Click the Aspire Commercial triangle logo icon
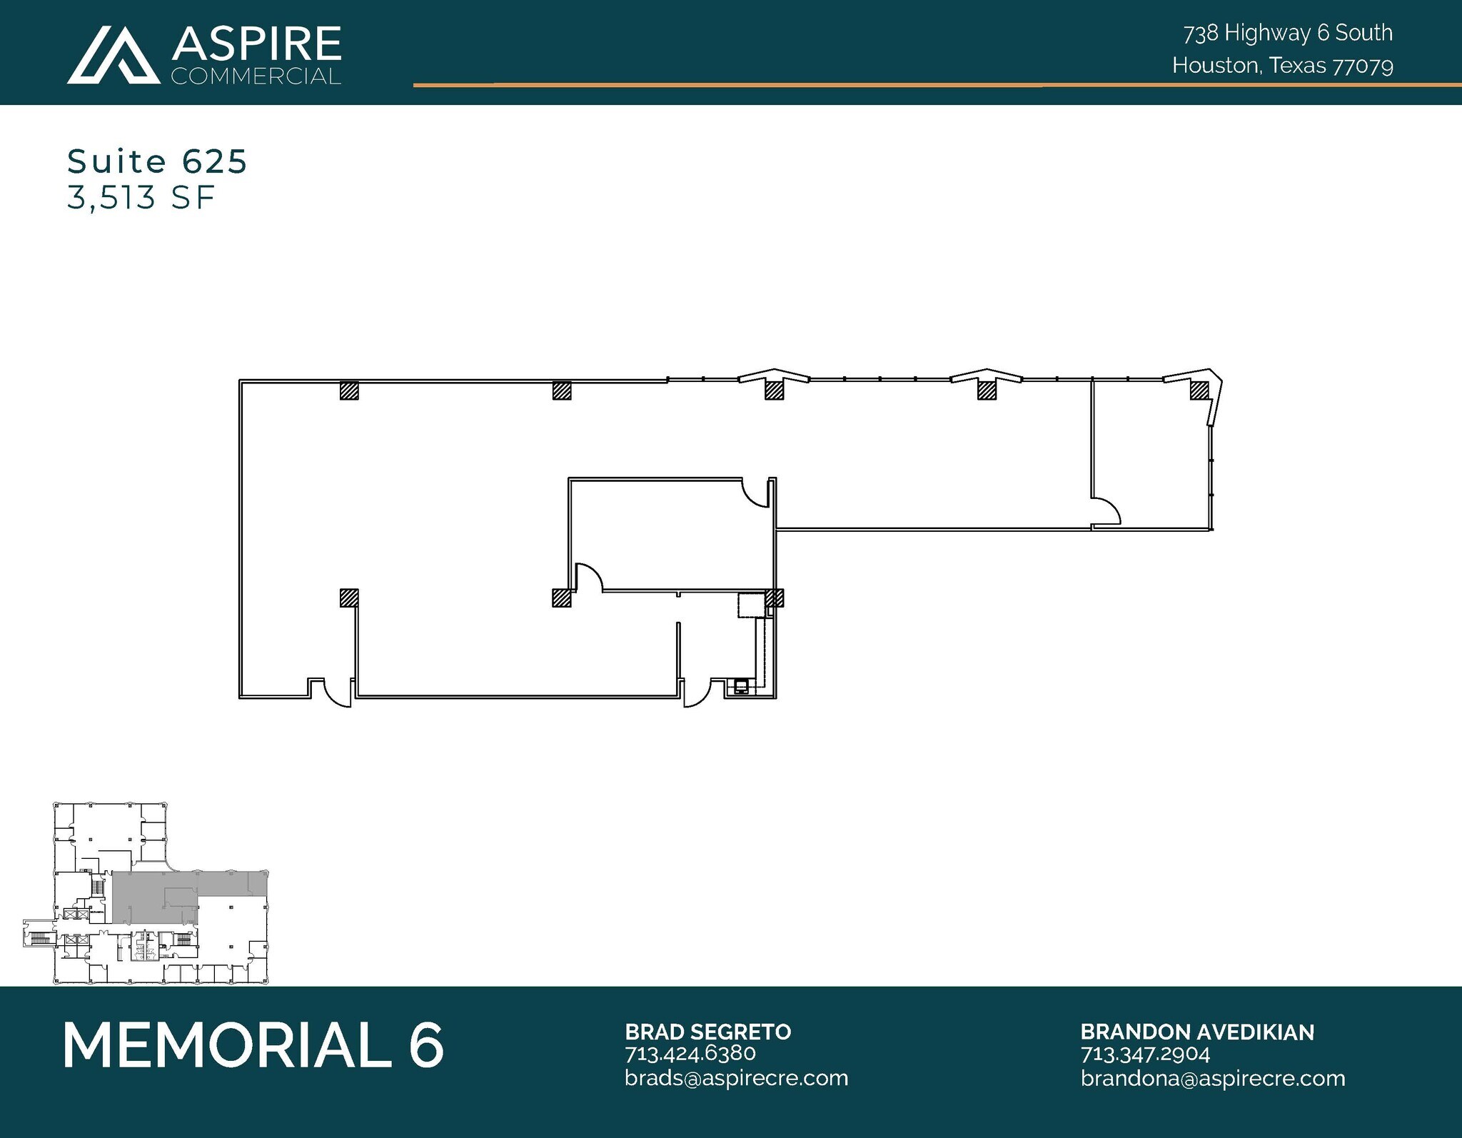pos(114,55)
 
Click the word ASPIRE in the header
pos(256,44)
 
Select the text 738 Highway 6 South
pos(1287,33)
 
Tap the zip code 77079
pos(1363,66)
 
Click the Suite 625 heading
pos(157,161)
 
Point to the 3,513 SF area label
pos(141,198)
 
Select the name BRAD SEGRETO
pos(707,1032)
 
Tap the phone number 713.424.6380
pos(690,1053)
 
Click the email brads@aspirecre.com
pos(736,1077)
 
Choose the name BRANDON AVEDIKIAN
pos(1196,1032)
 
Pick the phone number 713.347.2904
pos(1145,1053)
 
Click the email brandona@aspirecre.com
pos(1212,1077)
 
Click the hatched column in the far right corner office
pos(1199,390)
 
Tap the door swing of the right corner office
pos(1106,510)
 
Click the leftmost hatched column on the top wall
pos(348,390)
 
